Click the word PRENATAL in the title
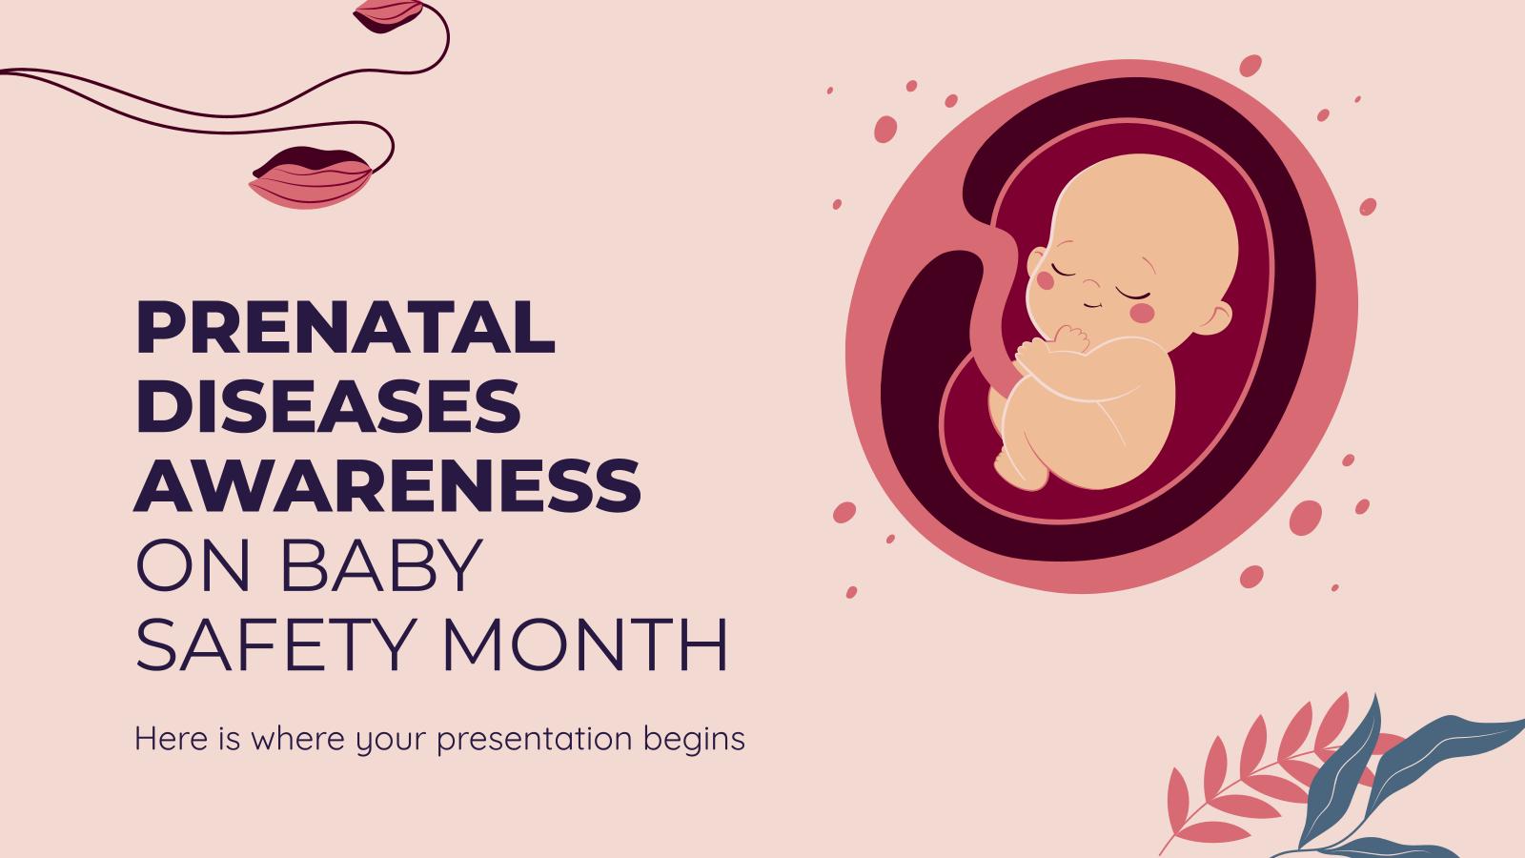(x=345, y=327)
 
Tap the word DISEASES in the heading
(x=328, y=405)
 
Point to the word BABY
(x=382, y=564)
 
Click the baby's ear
(x=1215, y=314)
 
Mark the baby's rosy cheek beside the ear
(x=1141, y=312)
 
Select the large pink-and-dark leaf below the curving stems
(x=309, y=176)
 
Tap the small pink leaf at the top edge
(x=380, y=15)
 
